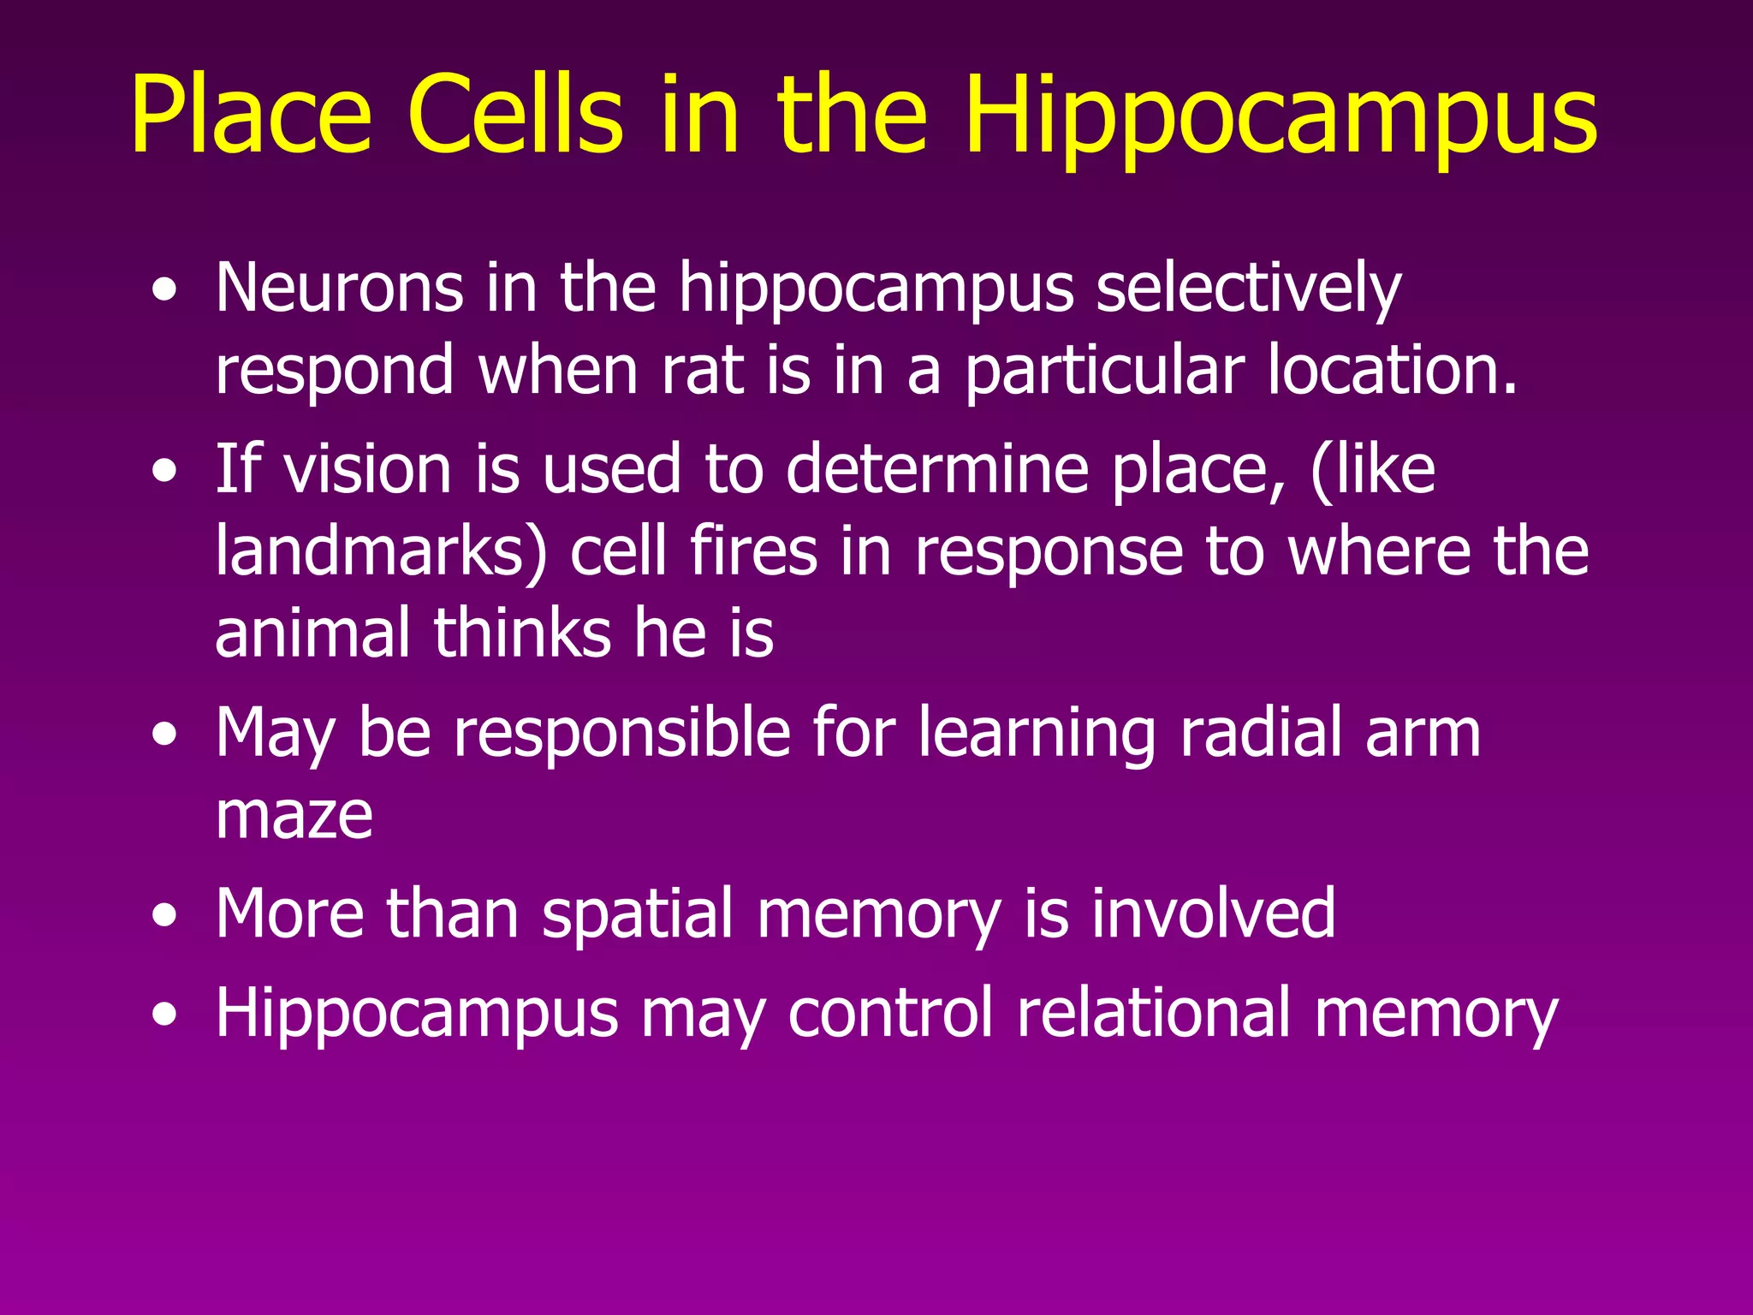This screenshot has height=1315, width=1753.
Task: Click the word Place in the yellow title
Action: point(251,115)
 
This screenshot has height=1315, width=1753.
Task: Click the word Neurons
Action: point(340,288)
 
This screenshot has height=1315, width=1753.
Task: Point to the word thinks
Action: point(522,633)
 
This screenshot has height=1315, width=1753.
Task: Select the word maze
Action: point(294,815)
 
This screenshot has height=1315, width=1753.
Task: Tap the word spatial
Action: point(639,913)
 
